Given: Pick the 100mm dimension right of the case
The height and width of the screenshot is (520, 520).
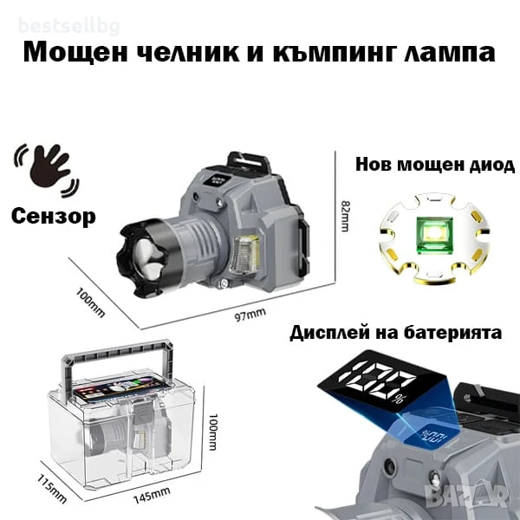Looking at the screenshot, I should pos(211,432).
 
